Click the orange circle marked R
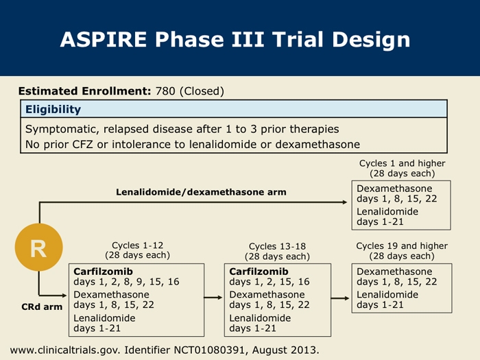point(38,248)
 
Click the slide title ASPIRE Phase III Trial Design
point(235,39)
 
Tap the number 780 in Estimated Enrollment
point(165,91)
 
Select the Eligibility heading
point(53,109)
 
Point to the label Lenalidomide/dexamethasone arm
point(201,192)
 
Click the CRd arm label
point(43,307)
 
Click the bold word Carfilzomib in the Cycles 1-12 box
point(103,272)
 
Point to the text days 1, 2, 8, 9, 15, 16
point(126,282)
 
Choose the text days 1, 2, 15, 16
point(269,282)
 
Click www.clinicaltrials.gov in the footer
point(65,350)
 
